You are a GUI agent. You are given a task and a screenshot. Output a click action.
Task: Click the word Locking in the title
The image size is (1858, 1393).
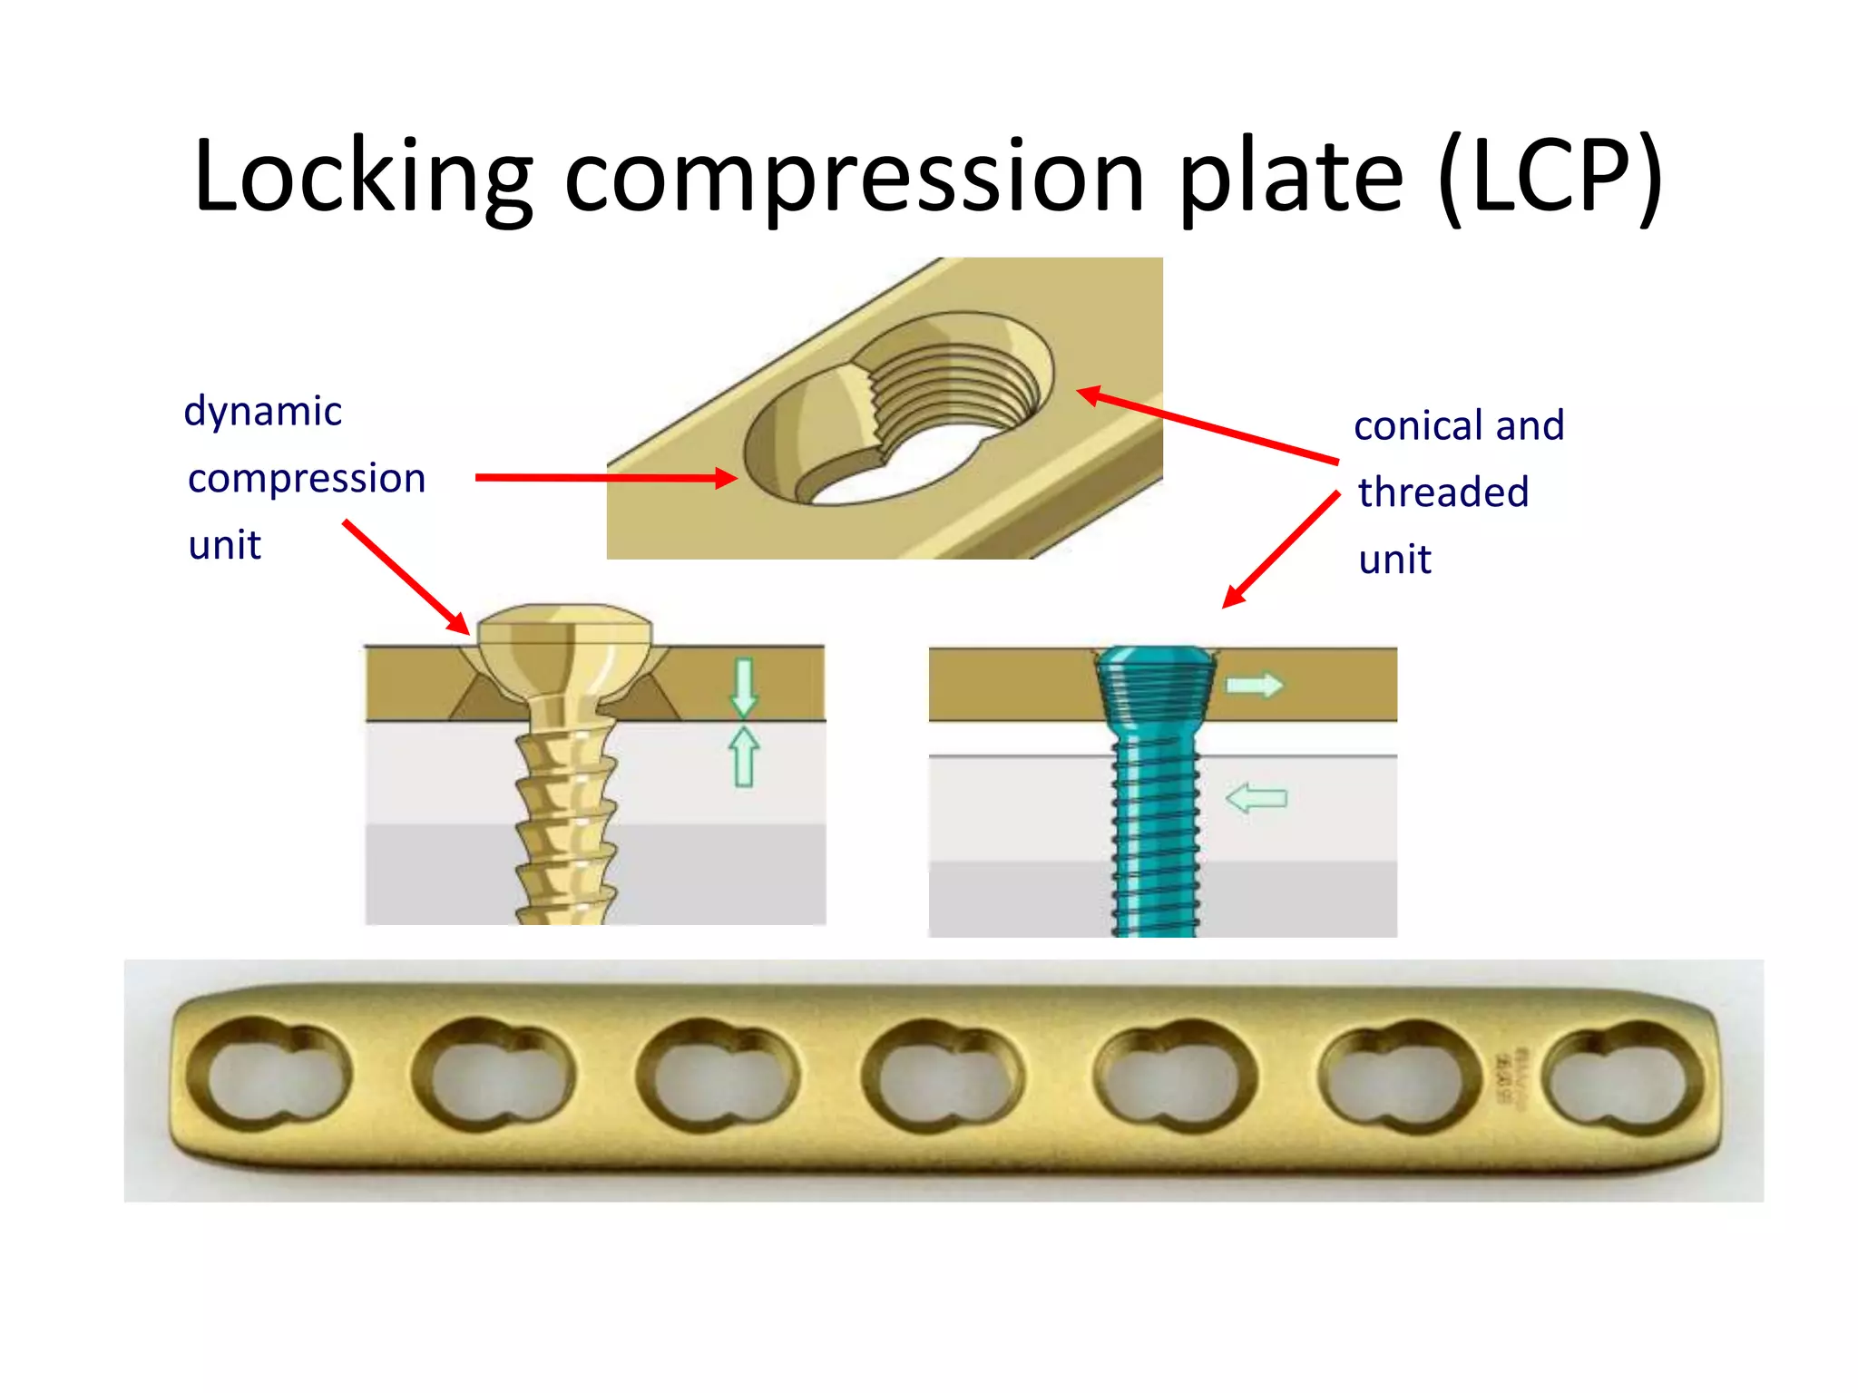363,177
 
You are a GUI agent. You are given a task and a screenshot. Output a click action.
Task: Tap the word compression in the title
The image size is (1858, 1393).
853,181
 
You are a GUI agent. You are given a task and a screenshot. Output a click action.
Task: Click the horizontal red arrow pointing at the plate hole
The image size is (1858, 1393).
603,477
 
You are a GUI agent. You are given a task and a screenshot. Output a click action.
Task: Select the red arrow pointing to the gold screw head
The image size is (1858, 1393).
406,577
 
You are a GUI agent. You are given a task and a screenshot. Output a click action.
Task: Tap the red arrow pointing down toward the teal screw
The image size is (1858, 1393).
1281,550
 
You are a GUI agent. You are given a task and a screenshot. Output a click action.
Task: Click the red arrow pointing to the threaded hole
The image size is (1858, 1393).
1207,426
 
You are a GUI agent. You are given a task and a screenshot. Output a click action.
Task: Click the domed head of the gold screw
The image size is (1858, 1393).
564,639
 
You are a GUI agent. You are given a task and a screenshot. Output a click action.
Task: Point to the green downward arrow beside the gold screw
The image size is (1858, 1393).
744,687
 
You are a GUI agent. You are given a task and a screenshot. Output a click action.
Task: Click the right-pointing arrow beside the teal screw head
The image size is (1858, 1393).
1255,685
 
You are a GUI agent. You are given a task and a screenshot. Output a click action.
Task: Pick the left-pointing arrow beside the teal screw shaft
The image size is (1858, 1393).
1257,798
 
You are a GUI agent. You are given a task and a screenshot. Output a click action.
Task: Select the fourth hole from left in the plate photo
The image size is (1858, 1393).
944,1076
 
